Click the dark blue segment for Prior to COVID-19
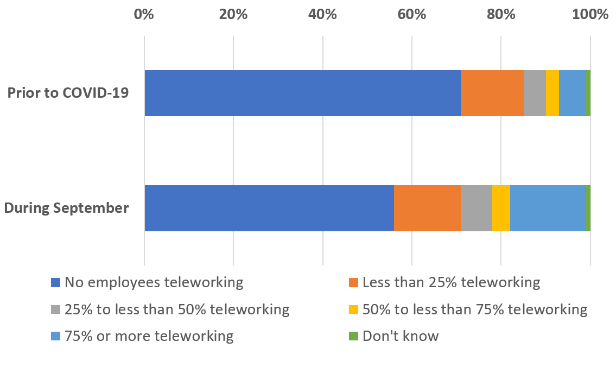pos(302,93)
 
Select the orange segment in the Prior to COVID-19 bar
pos(492,93)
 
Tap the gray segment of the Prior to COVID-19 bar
pos(535,93)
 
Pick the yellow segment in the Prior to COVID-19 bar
pos(553,93)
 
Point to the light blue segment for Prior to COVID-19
pos(573,93)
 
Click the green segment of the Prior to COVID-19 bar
pos(588,93)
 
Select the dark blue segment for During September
pos(269,208)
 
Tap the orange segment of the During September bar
pos(428,208)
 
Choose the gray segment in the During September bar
pos(477,208)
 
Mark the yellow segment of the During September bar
pos(501,208)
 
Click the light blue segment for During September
pos(548,208)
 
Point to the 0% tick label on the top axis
pos(144,15)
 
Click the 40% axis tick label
pos(322,15)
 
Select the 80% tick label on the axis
pos(501,15)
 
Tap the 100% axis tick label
pos(590,15)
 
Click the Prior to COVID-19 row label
pos(68,93)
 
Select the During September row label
pos(66,208)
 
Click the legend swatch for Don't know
pos(353,337)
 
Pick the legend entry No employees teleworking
pos(147,282)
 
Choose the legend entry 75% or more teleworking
pos(142,337)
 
